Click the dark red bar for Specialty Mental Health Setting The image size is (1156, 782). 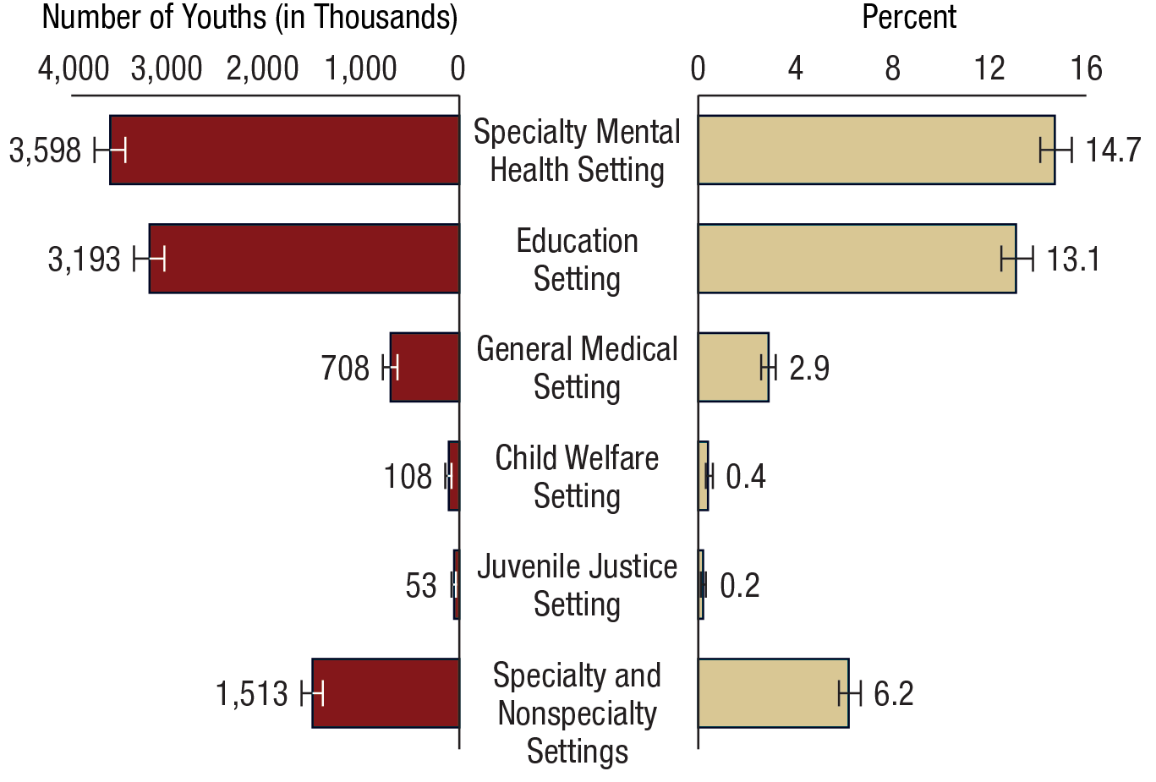click(x=284, y=150)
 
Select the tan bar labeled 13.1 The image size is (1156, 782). click(x=857, y=259)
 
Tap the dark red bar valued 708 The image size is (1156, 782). click(x=425, y=367)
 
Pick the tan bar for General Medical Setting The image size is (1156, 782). click(x=733, y=367)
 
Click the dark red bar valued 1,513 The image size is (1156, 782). click(x=386, y=692)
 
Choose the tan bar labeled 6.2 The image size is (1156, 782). click(x=773, y=692)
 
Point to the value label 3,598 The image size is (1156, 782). click(x=45, y=151)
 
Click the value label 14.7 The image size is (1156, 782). click(x=1112, y=150)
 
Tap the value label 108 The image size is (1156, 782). click(x=408, y=477)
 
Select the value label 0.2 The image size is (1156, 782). click(x=739, y=585)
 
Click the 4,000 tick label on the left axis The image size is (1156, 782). click(x=74, y=68)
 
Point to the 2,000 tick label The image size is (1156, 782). click(x=262, y=68)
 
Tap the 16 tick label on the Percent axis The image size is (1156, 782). click(x=1086, y=68)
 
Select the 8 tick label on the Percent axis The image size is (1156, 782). click(x=892, y=68)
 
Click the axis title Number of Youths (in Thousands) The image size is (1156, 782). click(x=249, y=17)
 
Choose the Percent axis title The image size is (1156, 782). click(x=908, y=17)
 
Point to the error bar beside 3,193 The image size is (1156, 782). click(x=149, y=259)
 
